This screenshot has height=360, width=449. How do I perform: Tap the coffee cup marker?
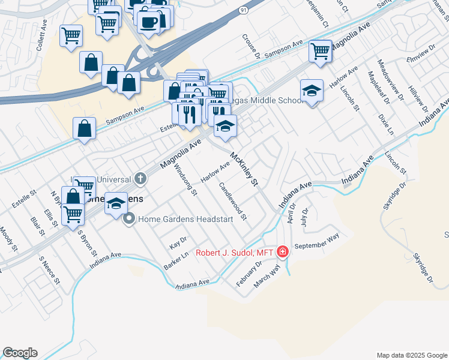click(148, 23)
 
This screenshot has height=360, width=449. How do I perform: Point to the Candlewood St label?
click(232, 201)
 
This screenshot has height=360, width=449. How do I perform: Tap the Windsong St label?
click(185, 179)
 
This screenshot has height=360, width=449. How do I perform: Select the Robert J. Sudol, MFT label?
click(235, 252)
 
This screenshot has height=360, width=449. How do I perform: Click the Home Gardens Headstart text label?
click(185, 220)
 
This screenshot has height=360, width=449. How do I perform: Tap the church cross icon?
click(140, 178)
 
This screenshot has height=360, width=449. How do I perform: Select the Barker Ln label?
click(172, 261)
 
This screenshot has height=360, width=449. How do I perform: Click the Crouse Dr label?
click(251, 46)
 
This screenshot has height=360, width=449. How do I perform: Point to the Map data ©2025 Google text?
click(411, 355)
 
